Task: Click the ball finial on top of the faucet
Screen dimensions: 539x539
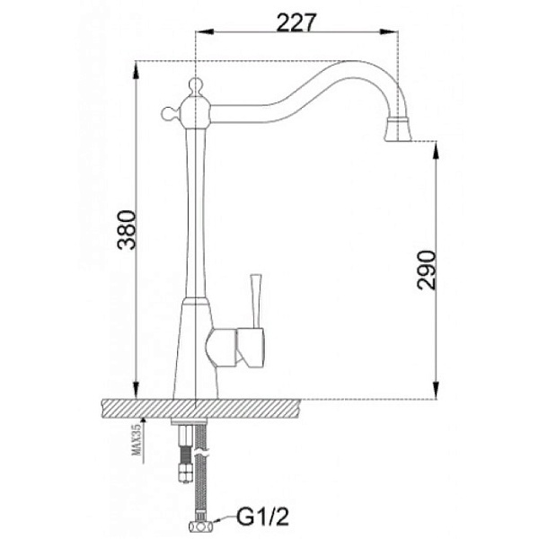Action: coord(195,86)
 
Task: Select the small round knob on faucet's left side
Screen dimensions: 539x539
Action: coord(167,113)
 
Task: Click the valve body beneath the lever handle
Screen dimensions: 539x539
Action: coord(237,347)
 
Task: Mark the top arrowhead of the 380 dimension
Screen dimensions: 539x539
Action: coord(135,66)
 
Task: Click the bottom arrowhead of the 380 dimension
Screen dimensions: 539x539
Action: coord(135,392)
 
